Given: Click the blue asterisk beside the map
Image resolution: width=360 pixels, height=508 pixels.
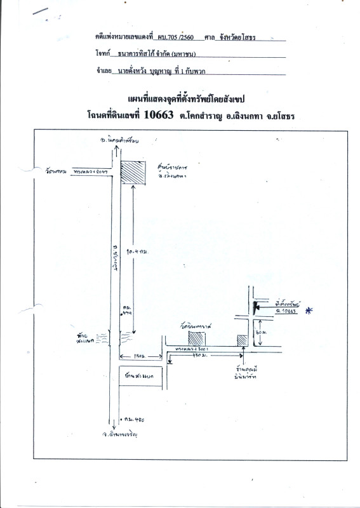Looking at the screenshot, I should tap(309, 310).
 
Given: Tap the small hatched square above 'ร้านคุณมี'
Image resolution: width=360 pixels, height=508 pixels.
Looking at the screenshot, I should tap(242, 340).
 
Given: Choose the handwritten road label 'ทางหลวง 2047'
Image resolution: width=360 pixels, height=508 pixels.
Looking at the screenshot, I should tap(88, 172).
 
